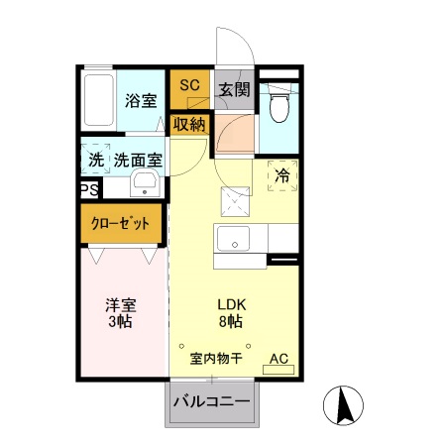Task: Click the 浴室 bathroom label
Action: [140, 100]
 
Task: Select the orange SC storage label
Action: [189, 85]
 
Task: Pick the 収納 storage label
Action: [188, 124]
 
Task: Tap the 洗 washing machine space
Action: [96, 159]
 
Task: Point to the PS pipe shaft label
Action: [87, 188]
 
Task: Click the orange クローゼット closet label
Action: [123, 223]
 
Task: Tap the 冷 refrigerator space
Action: [281, 174]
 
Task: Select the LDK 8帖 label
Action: [232, 313]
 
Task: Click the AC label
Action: [278, 358]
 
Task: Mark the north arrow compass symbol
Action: [346, 404]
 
